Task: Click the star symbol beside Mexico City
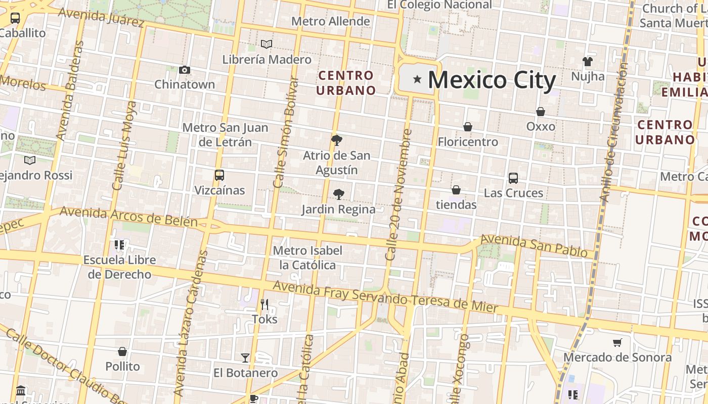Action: click(x=417, y=79)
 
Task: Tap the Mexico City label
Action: click(x=492, y=80)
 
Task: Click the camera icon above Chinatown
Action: click(x=185, y=70)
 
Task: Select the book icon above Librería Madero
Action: click(x=267, y=44)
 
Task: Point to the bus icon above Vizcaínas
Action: click(x=219, y=175)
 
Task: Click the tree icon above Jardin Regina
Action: click(x=339, y=194)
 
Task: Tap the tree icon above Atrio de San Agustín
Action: click(x=337, y=140)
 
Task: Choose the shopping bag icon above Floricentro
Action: click(x=468, y=127)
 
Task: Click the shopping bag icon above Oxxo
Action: click(x=541, y=112)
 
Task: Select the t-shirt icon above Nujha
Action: click(x=587, y=62)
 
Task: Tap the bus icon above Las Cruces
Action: click(x=513, y=178)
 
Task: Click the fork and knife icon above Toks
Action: click(x=264, y=304)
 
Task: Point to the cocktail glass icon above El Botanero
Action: click(x=245, y=358)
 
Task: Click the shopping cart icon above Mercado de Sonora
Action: click(x=617, y=343)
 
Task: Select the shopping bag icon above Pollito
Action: click(x=122, y=351)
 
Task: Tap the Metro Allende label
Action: click(x=331, y=22)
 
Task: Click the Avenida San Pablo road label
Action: click(x=534, y=245)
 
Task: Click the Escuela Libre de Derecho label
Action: click(x=119, y=267)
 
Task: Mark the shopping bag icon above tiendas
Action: click(x=456, y=190)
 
